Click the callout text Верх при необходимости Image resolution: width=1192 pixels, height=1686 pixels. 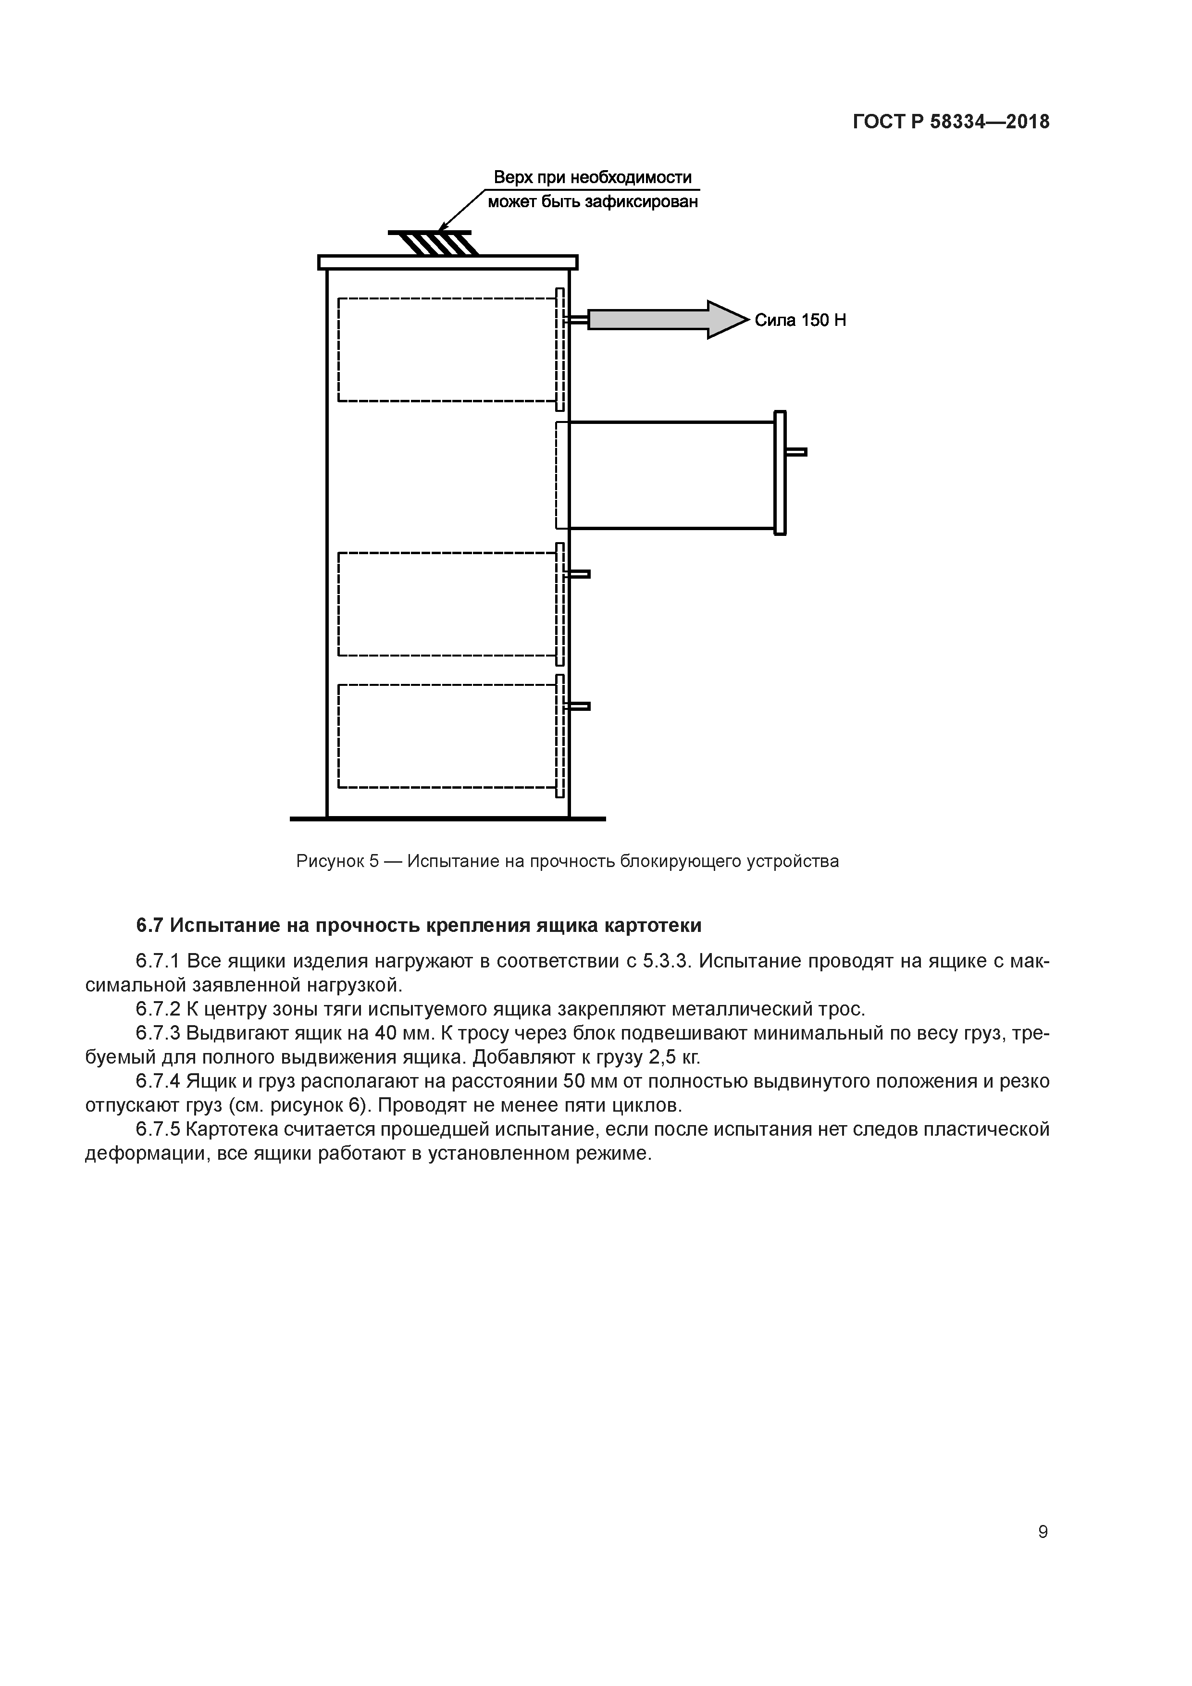pyautogui.click(x=592, y=178)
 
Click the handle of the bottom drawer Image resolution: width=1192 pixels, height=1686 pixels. pyautogui.click(x=578, y=707)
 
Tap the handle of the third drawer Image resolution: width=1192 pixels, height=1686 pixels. pyautogui.click(x=578, y=574)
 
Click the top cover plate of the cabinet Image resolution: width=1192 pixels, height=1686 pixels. pyautogui.click(x=447, y=262)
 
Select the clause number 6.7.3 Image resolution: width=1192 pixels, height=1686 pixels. pyautogui.click(x=158, y=1033)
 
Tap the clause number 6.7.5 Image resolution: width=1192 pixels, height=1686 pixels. pyautogui.click(x=158, y=1129)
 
